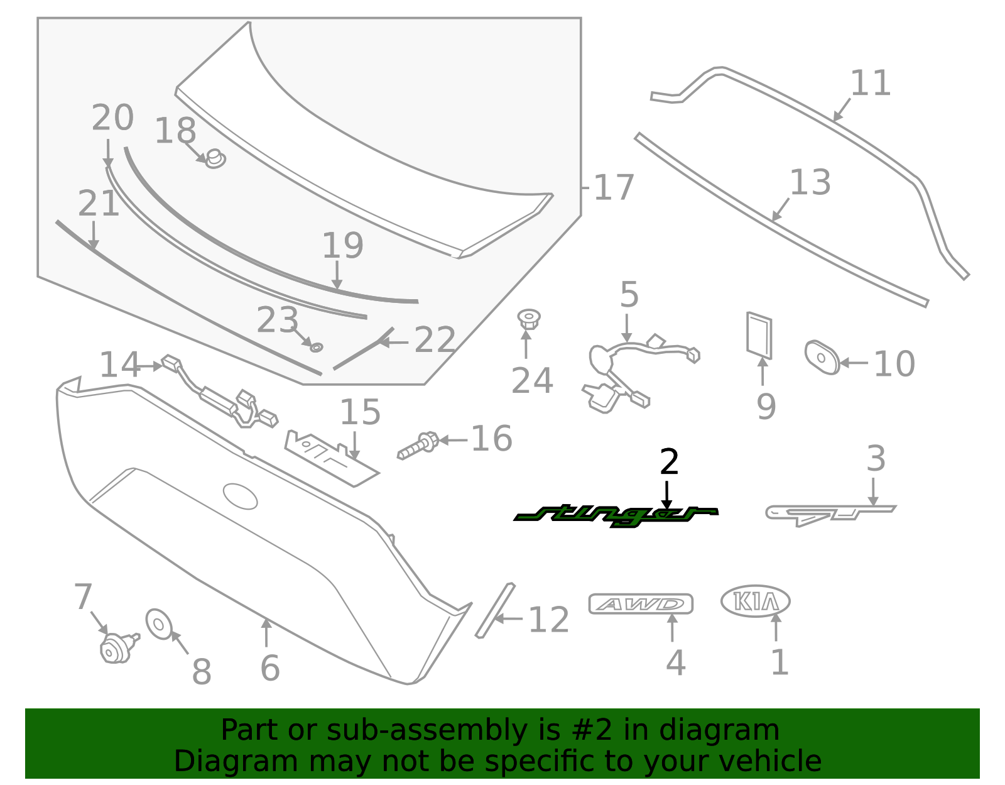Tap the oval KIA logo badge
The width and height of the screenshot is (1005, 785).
(755, 601)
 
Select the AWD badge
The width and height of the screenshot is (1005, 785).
(641, 604)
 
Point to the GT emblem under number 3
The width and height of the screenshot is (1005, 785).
(829, 513)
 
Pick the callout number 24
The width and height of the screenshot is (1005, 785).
(532, 380)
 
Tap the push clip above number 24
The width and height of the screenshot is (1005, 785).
(528, 318)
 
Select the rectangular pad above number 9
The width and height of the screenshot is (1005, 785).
(759, 334)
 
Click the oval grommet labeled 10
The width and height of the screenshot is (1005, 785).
(822, 358)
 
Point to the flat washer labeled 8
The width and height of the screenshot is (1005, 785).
(158, 623)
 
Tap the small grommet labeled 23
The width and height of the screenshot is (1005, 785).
(316, 347)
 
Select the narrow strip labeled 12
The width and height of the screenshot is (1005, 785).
(494, 610)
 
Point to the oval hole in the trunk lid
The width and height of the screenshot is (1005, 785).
(240, 496)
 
